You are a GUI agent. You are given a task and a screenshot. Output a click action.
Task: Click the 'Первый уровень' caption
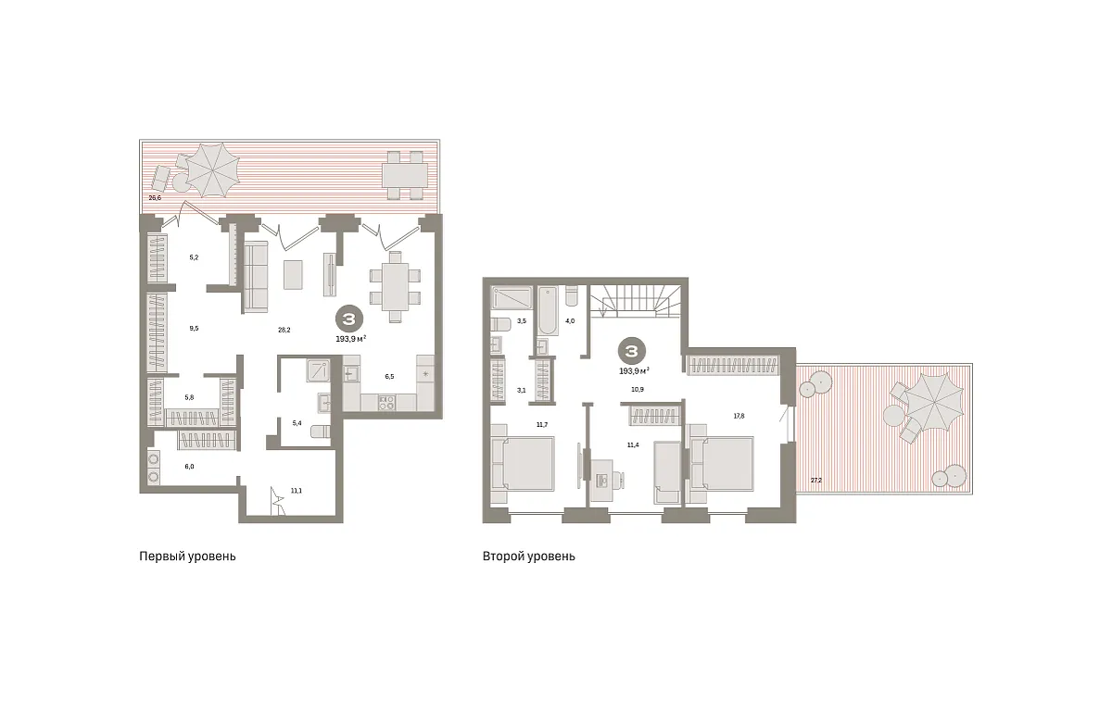pos(187,557)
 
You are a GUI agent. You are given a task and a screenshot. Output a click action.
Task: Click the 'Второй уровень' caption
pos(529,557)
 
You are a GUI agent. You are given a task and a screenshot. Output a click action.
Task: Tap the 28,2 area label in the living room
pos(284,330)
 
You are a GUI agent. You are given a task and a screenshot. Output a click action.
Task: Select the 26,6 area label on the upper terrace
pos(155,197)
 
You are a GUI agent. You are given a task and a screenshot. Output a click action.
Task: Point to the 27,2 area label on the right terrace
pos(816,480)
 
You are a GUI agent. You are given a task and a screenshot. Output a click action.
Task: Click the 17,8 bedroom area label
pos(739,417)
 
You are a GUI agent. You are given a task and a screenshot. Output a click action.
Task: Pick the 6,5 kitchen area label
pos(389,377)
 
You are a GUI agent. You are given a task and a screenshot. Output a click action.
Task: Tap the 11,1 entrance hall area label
pos(297,491)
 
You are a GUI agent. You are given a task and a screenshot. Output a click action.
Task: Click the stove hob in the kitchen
pos(386,403)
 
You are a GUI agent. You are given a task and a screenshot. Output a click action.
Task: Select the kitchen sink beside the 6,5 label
pos(351,373)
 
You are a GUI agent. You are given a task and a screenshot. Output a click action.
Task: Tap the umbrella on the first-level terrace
pos(213,169)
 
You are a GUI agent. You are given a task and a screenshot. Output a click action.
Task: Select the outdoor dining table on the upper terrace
pos(405,175)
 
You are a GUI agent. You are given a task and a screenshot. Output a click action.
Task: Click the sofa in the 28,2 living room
pos(255,277)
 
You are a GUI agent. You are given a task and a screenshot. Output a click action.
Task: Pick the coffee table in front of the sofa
pos(293,275)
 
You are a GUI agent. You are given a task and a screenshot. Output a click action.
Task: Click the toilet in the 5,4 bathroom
pos(321,432)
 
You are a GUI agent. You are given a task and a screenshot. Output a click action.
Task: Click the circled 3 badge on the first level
pos(349,319)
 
